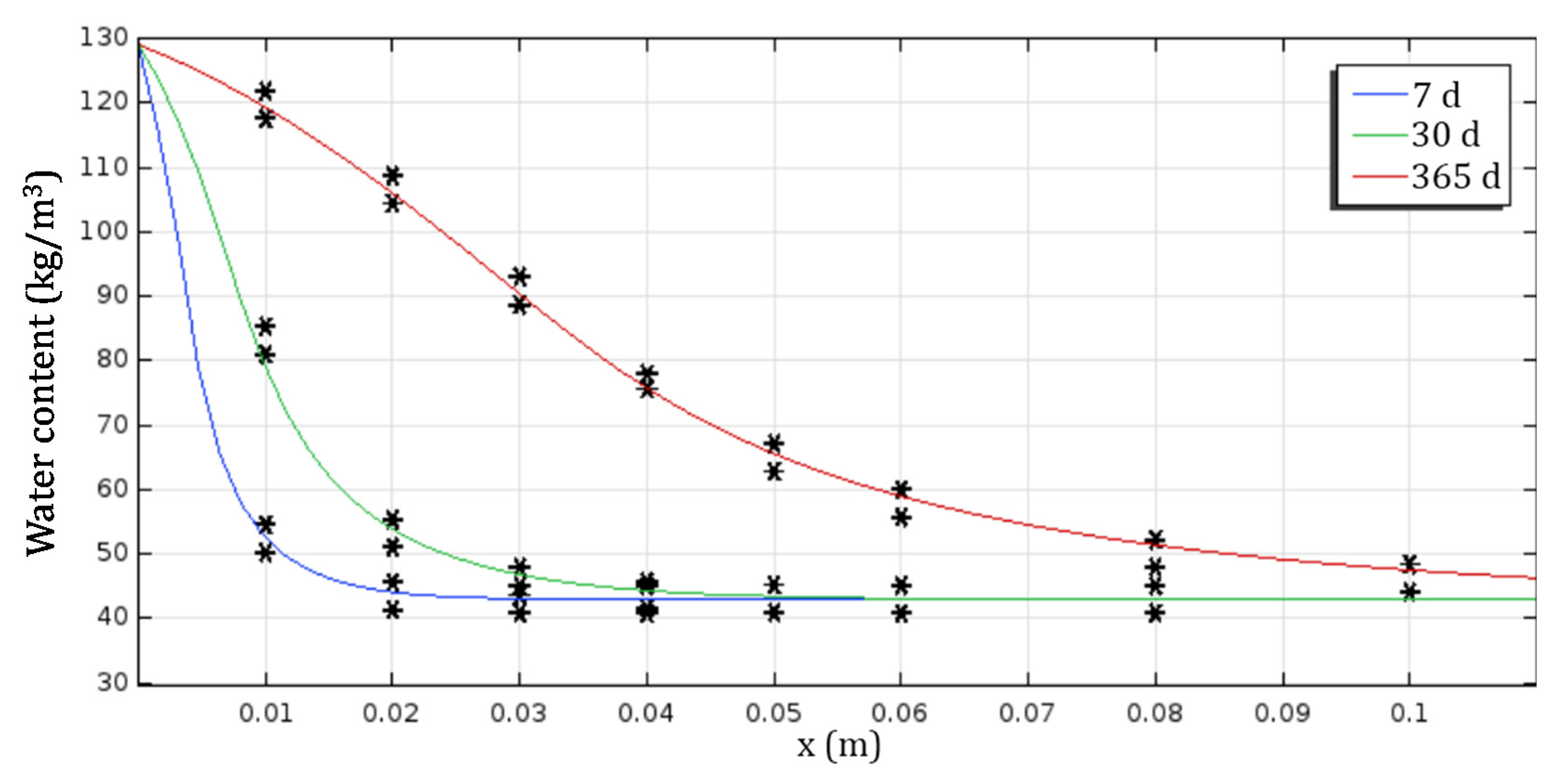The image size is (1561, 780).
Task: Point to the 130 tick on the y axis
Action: coord(104,38)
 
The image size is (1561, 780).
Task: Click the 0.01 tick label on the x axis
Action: coord(265,713)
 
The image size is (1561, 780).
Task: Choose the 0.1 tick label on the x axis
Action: coord(1408,713)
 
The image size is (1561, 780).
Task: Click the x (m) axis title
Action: coord(839,746)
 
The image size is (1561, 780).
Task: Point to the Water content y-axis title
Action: coord(41,364)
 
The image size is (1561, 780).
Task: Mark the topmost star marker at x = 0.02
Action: coord(393,176)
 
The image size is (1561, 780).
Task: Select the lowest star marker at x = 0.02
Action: coord(393,610)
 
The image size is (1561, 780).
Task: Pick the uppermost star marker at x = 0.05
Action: coord(774,444)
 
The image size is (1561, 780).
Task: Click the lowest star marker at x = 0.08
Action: coord(1155,614)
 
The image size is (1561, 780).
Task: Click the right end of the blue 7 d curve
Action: coord(863,598)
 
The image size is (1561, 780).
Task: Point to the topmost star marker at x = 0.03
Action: coord(519,277)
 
